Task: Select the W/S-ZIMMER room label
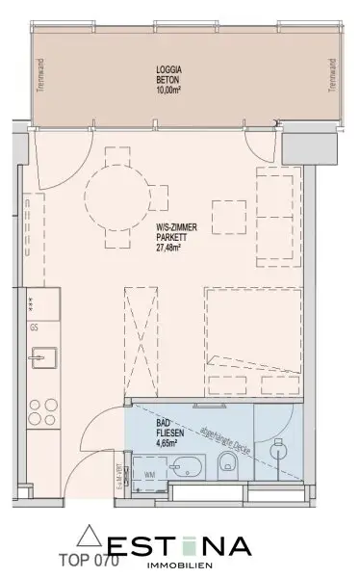click(x=174, y=227)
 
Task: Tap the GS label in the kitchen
click(x=34, y=328)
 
